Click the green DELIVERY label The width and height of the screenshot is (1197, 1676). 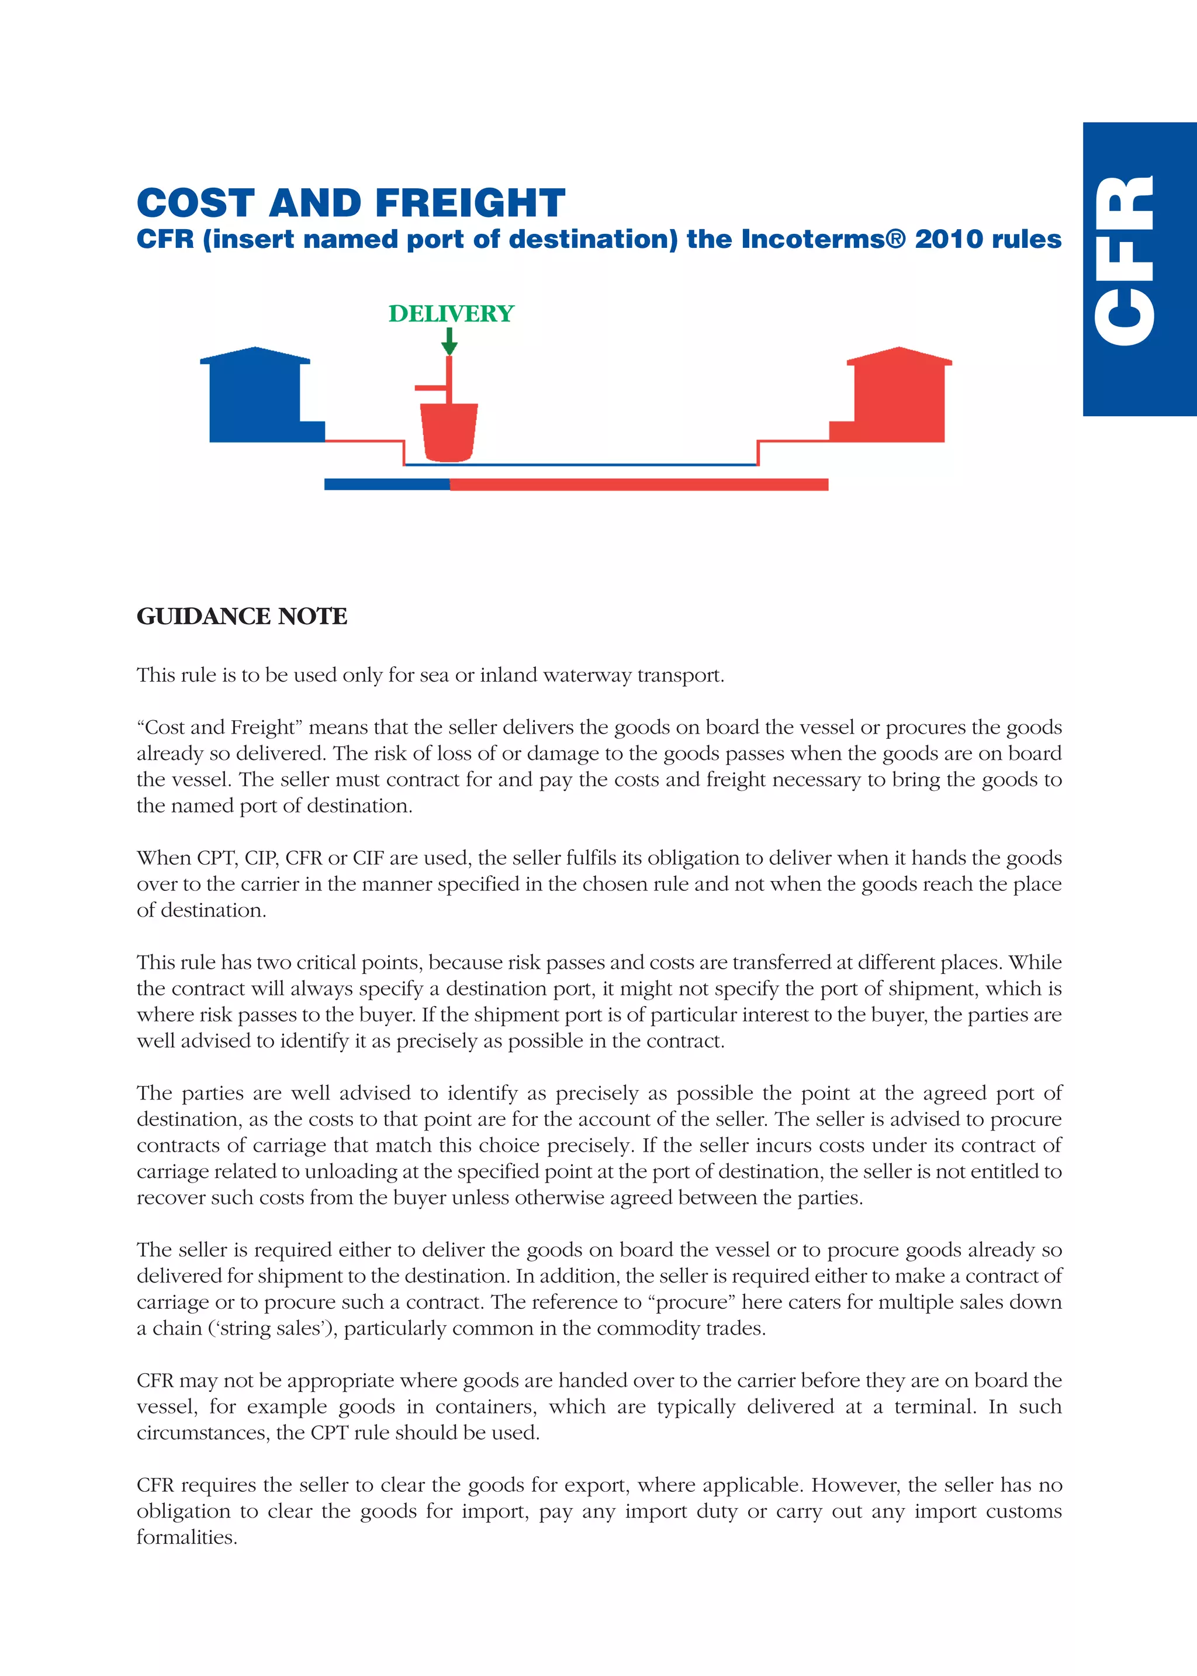tap(451, 313)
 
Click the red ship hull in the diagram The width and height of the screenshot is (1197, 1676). tap(448, 432)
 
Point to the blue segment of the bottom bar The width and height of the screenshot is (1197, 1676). tap(386, 484)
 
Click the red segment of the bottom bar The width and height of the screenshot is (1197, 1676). tap(638, 484)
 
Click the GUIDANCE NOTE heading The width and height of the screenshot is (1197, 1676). tap(242, 616)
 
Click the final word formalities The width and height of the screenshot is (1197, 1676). tap(186, 1537)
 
